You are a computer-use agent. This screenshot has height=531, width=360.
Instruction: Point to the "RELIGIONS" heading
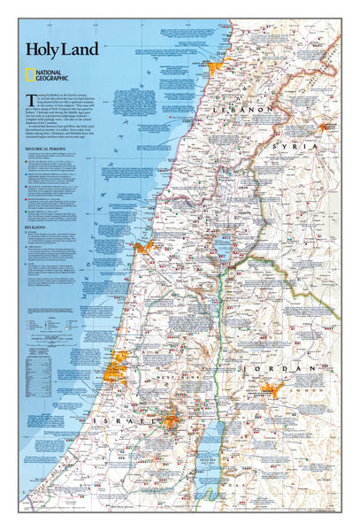[x=36, y=227]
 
